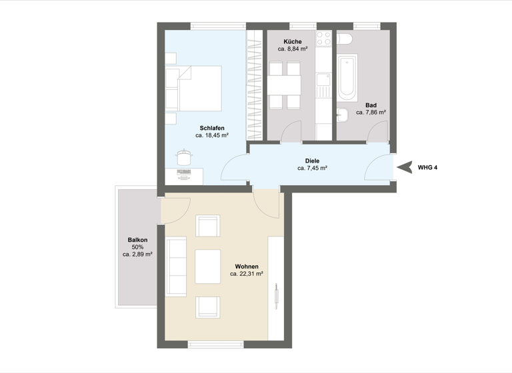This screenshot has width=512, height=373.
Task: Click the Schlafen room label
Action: point(211,127)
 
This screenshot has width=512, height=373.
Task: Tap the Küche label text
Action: point(292,41)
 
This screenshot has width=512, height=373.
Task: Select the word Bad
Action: point(371,105)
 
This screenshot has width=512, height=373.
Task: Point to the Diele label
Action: point(312,161)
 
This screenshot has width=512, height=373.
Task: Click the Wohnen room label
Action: point(246,266)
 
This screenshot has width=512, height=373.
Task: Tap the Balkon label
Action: point(137,240)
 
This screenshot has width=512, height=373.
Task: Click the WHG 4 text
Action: point(428,167)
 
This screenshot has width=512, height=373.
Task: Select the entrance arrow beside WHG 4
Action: point(403,167)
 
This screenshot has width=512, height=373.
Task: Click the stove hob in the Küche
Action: point(324,39)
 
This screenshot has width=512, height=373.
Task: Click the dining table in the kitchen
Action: point(284,85)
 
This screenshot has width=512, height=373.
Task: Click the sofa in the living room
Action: point(177,266)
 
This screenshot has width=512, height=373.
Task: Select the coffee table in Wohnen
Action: point(207,266)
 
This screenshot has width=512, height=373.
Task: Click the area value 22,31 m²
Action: point(246,274)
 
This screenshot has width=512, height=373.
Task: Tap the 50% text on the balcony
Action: point(137,247)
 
